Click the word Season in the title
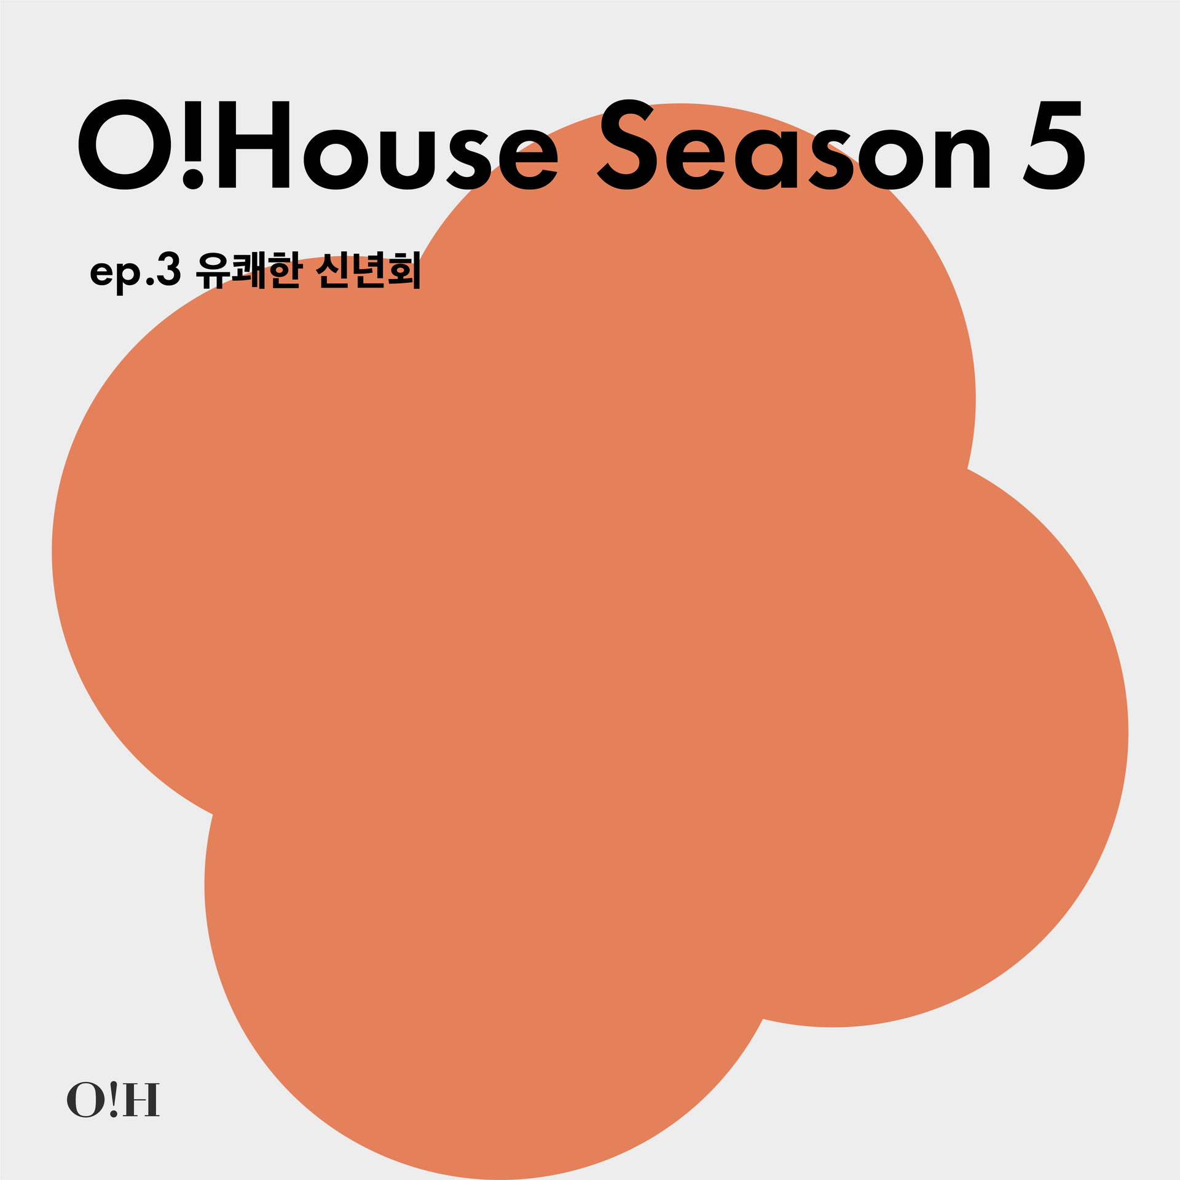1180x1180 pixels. (794, 144)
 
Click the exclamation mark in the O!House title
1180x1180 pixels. (194, 145)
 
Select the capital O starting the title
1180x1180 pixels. (126, 145)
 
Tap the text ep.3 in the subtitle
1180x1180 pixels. (136, 272)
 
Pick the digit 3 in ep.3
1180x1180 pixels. (169, 269)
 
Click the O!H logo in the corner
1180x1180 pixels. (113, 1100)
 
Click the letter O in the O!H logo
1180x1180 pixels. (86, 1100)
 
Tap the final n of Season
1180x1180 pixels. (962, 158)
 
